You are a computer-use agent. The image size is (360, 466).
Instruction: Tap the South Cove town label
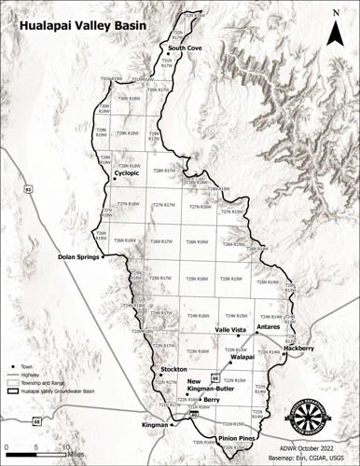(x=185, y=47)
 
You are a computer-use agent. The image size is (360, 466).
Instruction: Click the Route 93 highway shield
(x=28, y=189)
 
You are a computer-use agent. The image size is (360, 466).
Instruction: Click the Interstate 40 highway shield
(x=195, y=439)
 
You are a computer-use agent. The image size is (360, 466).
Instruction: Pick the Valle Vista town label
(x=230, y=329)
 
